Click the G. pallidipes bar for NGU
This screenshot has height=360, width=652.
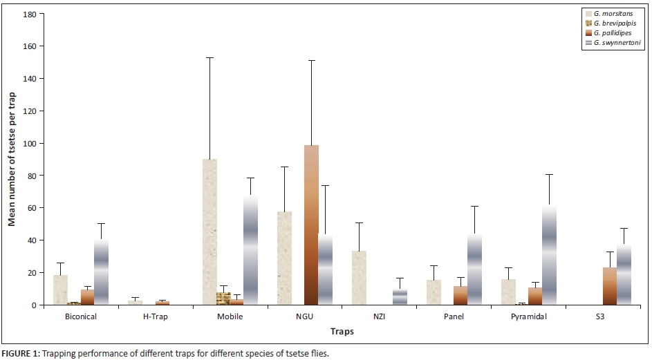311,225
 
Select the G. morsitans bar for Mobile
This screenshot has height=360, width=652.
209,232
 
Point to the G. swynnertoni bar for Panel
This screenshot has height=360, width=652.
474,269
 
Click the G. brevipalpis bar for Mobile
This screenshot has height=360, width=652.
223,299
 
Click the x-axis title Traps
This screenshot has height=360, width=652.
342,332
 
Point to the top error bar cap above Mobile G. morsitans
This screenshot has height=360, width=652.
209,57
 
